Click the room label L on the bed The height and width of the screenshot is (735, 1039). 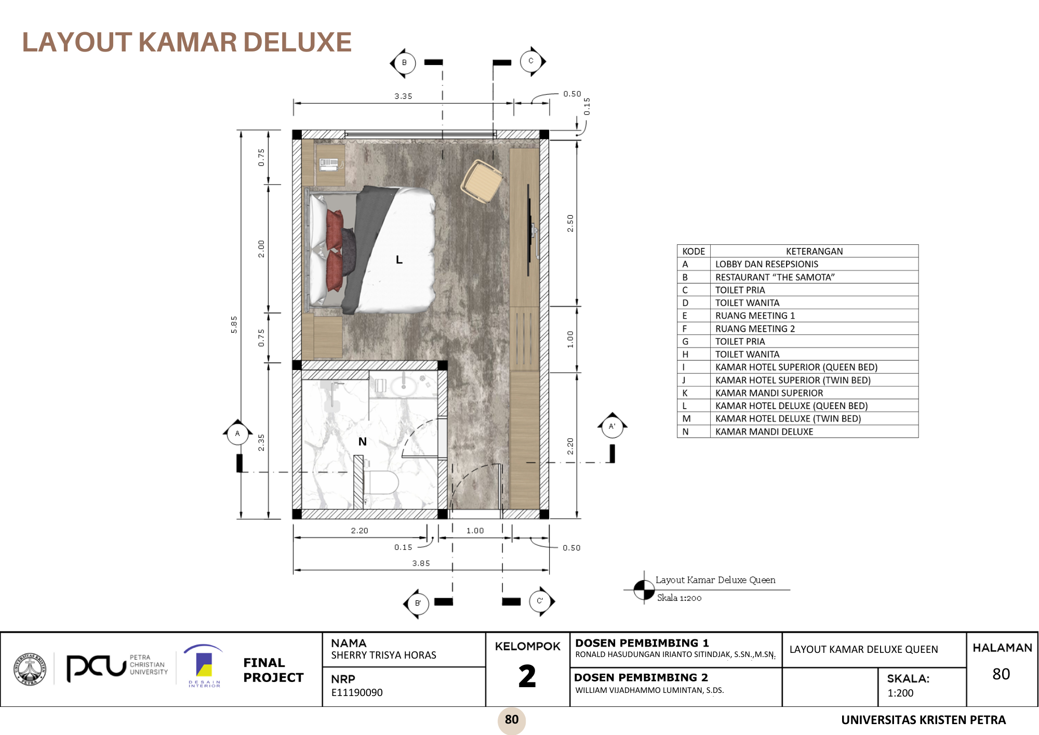click(399, 259)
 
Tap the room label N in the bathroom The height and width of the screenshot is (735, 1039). click(363, 441)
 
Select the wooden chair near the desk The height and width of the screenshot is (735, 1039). click(482, 180)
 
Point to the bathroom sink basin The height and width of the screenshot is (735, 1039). click(403, 386)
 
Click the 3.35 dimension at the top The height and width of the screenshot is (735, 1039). click(403, 96)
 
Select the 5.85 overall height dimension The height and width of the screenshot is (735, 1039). click(234, 324)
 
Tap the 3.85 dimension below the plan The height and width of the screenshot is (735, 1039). click(421, 563)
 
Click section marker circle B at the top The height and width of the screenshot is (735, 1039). click(404, 63)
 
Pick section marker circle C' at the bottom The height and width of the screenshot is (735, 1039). click(540, 601)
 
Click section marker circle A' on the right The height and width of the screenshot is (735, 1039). click(612, 427)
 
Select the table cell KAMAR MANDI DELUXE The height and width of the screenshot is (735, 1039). click(764, 431)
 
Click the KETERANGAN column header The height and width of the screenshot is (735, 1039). click(814, 251)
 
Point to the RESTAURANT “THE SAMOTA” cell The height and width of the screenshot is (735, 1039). click(775, 277)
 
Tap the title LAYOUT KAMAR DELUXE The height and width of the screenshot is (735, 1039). click(187, 42)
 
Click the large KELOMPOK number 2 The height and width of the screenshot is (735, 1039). click(527, 676)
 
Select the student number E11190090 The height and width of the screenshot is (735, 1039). click(357, 692)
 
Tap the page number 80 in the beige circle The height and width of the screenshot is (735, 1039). click(512, 719)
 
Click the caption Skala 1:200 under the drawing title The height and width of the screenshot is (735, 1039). click(679, 598)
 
